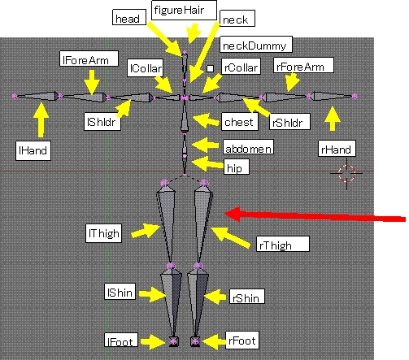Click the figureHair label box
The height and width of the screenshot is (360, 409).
pos(184,10)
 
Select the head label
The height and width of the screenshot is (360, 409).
pos(129,17)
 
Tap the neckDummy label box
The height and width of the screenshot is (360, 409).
pos(256,44)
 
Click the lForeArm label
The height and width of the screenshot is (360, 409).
pos(89,59)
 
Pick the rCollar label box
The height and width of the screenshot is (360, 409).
pos(241,67)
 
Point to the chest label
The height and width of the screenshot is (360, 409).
pos(240,122)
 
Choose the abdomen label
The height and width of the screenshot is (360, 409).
pos(248,147)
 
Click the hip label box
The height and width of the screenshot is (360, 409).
pos(237,167)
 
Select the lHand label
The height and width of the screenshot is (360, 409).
pos(33,150)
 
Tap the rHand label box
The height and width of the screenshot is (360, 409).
pos(337,149)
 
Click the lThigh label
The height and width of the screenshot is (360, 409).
pos(103,233)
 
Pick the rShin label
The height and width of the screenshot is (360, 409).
pos(247,297)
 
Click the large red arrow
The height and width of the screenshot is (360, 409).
pos(315,216)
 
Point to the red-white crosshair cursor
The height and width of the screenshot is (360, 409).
pos(346,173)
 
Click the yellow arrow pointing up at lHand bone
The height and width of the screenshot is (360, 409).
pos(41,120)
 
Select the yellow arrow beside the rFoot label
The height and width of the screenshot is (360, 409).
pos(215,342)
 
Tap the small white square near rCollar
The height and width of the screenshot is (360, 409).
pos(210,68)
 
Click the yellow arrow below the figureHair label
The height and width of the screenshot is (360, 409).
pos(194,33)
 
